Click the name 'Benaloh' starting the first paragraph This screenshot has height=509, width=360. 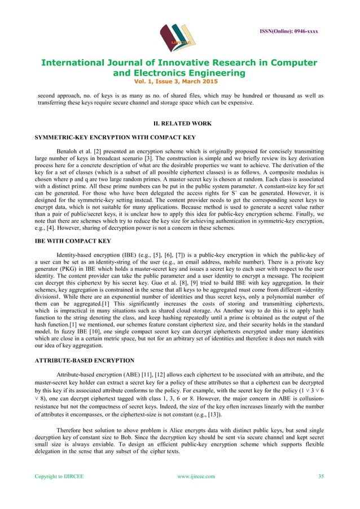tap(69, 152)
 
